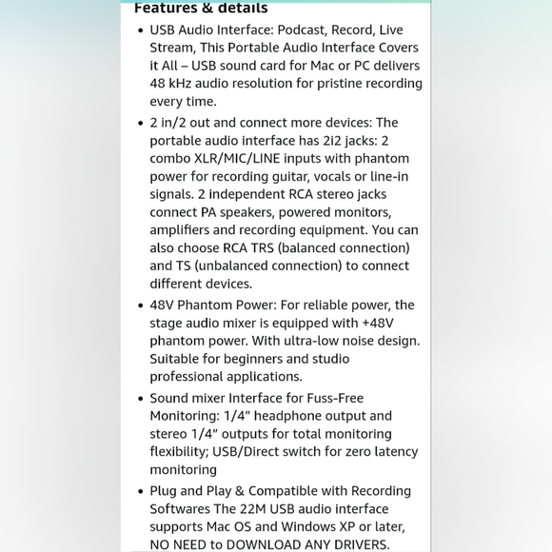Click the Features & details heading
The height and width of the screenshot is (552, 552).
(x=201, y=9)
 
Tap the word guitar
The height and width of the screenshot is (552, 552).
(x=296, y=176)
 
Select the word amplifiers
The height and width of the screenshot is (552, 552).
(x=181, y=230)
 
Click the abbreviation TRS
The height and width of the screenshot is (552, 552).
(x=265, y=248)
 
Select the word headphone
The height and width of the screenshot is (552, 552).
(x=308, y=416)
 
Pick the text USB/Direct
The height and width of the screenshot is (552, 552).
(x=268, y=452)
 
